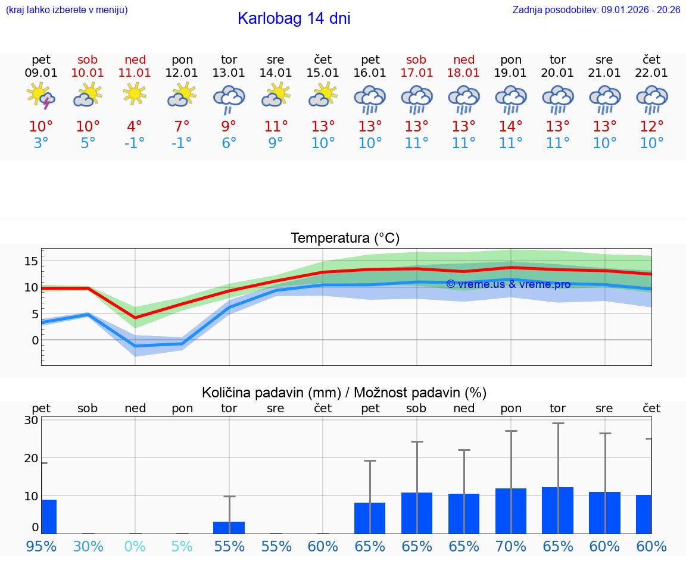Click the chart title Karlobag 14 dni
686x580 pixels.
tap(294, 18)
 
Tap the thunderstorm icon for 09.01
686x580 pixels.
tap(41, 96)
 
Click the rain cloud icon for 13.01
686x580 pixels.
tap(229, 98)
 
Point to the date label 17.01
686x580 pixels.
tap(416, 73)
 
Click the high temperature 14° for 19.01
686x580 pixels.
tap(510, 127)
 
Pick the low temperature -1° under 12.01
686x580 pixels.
tap(182, 143)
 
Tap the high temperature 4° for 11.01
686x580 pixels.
tap(135, 127)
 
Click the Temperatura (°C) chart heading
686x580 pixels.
tap(345, 239)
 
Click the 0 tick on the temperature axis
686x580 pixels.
tap(35, 340)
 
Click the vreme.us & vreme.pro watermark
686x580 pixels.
tap(508, 284)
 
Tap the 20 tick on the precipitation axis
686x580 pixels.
tap(31, 458)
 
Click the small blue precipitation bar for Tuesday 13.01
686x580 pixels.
tap(229, 528)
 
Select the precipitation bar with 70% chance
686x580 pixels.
tap(510, 511)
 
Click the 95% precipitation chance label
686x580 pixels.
tap(41, 546)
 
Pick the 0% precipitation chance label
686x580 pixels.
tap(135, 546)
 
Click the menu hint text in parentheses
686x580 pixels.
tap(67, 10)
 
